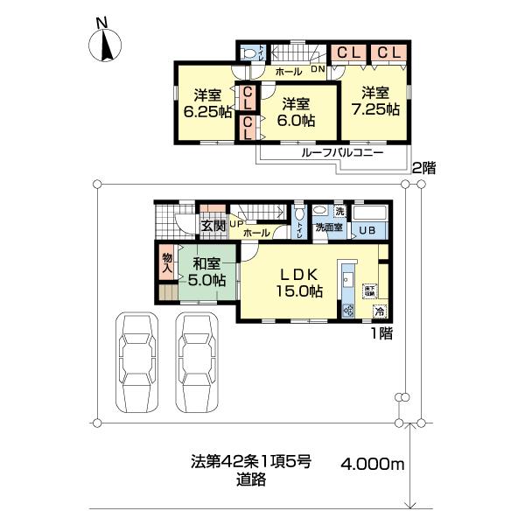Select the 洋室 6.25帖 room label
tap(200, 104)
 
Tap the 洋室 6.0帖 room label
tap(296, 113)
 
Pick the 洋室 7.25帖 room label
tap(377, 101)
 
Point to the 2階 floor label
tap(423, 167)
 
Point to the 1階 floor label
tap(380, 332)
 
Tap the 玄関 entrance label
tap(213, 226)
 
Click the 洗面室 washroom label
tap(329, 228)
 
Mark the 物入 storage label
tap(166, 262)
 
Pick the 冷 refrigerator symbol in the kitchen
tap(380, 311)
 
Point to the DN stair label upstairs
tap(318, 69)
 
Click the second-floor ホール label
tap(288, 70)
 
